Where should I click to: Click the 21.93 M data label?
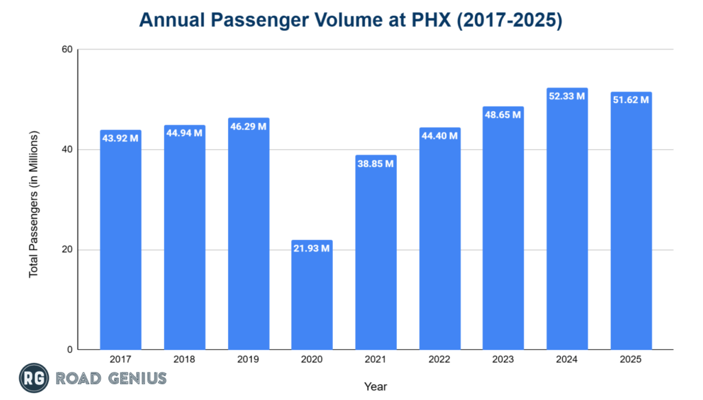(x=312, y=248)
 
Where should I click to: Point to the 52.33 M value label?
(x=567, y=96)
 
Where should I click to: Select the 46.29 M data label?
(x=248, y=126)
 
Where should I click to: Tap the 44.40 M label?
(x=439, y=135)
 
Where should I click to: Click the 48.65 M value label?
(x=503, y=115)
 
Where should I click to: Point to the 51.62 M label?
(x=631, y=100)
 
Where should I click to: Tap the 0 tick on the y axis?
(x=69, y=350)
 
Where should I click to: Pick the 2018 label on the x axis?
(x=184, y=359)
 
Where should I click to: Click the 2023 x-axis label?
(x=503, y=359)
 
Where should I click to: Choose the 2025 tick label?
(x=631, y=359)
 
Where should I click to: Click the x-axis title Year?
(x=375, y=386)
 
